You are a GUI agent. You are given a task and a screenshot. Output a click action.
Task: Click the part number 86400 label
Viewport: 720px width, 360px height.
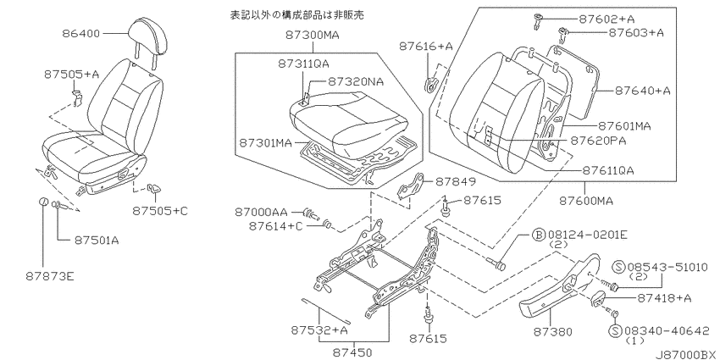click(80, 33)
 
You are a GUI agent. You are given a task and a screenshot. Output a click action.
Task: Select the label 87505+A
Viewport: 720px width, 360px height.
click(71, 75)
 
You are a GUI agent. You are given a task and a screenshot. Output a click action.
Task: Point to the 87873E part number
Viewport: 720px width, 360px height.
click(51, 276)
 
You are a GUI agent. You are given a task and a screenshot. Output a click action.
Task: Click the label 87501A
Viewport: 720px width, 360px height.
click(96, 241)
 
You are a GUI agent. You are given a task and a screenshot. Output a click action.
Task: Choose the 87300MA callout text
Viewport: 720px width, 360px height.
click(312, 35)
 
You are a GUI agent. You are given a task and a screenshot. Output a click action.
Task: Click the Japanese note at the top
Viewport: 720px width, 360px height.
click(296, 14)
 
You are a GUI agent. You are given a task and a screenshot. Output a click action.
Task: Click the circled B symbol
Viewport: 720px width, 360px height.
click(538, 235)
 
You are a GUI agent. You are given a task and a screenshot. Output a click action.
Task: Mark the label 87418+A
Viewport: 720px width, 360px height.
click(663, 298)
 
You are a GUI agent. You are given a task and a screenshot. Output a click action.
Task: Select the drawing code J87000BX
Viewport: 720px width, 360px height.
click(686, 354)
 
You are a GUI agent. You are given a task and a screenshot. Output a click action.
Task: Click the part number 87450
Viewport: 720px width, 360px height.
click(352, 352)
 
